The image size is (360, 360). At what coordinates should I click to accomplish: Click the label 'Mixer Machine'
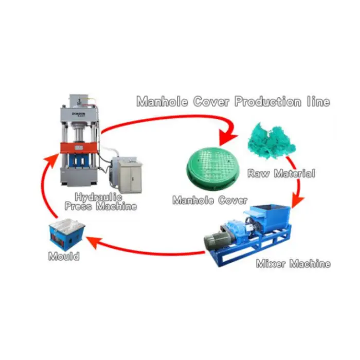(x=293, y=264)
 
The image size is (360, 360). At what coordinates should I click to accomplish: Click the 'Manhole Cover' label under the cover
(x=209, y=200)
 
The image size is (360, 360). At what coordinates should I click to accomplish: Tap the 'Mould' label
(x=64, y=256)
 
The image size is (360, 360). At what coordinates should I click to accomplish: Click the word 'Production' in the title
(x=266, y=102)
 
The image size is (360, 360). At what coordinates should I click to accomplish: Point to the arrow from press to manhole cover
(x=170, y=117)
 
